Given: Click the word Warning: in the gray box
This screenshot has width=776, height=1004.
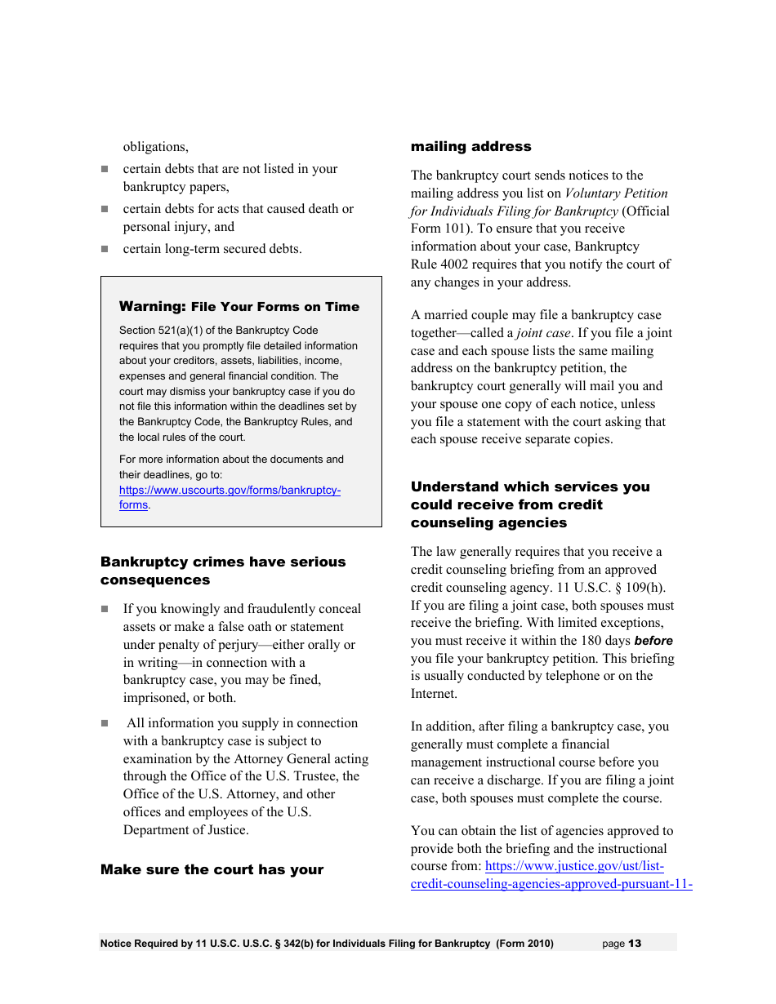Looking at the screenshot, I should [x=153, y=307].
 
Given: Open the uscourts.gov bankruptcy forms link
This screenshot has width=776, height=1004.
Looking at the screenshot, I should [x=230, y=491].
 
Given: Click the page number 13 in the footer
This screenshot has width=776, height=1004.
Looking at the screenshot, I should [x=635, y=944].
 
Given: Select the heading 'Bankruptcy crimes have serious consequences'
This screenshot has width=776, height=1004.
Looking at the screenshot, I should [x=222, y=571].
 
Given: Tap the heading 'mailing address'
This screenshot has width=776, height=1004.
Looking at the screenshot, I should [x=471, y=147].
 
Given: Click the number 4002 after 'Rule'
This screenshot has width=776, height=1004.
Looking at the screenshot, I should [x=455, y=264].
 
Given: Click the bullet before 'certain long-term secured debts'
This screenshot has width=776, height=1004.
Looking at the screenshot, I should [x=105, y=249].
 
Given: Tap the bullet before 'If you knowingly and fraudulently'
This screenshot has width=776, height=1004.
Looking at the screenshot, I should [x=105, y=609].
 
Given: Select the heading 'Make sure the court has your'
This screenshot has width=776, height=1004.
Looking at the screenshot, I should [x=212, y=869].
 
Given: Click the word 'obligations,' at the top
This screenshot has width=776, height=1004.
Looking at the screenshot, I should [x=155, y=147].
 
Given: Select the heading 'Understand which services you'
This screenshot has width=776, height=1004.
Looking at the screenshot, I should [x=530, y=487].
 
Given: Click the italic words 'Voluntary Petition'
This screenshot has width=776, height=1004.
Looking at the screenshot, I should [x=616, y=193].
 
